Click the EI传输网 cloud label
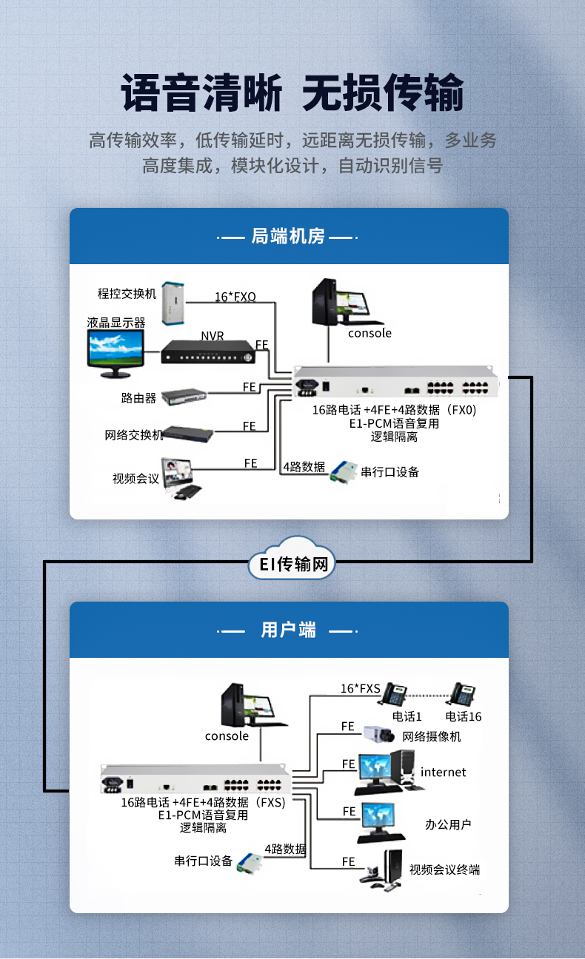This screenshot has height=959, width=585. [x=293, y=564]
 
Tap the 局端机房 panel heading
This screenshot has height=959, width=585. [x=288, y=236]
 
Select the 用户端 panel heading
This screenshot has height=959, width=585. [x=288, y=630]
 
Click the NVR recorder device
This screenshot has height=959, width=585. [x=208, y=352]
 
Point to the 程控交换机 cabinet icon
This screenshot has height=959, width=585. [x=173, y=303]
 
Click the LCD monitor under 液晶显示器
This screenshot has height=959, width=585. [x=116, y=354]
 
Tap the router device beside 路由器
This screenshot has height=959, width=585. [x=184, y=397]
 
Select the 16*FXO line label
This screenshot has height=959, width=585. [x=235, y=296]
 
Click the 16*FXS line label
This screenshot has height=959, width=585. [x=361, y=688]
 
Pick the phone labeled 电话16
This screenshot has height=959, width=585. [x=461, y=694]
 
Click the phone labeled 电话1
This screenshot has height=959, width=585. [x=393, y=694]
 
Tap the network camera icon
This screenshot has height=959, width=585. [x=379, y=734]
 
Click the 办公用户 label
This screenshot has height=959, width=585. [x=448, y=824]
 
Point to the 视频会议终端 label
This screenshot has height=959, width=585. [x=444, y=869]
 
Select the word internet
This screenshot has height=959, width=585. [x=443, y=772]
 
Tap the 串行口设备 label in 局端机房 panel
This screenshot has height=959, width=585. [x=390, y=472]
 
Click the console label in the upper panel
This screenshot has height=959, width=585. [x=370, y=333]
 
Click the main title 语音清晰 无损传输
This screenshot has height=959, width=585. [x=292, y=92]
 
